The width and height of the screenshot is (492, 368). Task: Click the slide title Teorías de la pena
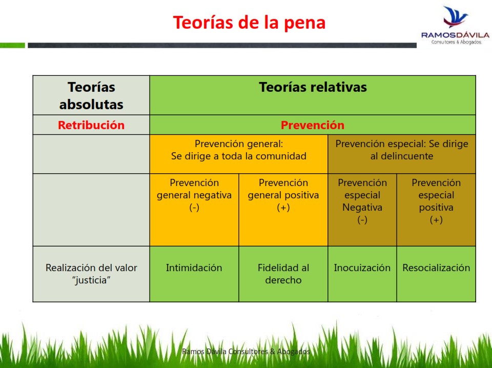[249, 23]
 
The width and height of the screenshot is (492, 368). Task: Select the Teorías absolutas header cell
[91, 95]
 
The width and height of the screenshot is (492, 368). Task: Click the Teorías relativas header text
[313, 87]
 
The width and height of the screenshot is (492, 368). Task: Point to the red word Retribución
[91, 125]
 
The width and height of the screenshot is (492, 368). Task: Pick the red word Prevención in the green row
[313, 125]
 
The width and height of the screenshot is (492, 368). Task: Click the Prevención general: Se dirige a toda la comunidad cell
[239, 154]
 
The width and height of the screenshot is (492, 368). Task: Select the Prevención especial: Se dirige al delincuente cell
[402, 154]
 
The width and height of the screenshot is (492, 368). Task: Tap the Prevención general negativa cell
[194, 210]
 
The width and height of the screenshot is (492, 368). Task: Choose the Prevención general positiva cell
[283, 210]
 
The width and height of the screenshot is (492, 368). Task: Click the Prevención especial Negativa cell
[362, 210]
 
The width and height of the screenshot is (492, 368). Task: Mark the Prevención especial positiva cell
[436, 210]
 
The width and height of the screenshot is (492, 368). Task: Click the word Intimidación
[194, 268]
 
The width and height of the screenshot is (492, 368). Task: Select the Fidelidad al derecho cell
[283, 274]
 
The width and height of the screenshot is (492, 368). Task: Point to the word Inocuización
[362, 268]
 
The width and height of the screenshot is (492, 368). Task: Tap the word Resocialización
[436, 268]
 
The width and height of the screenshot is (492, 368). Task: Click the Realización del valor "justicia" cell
[91, 274]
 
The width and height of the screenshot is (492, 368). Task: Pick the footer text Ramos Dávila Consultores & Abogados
[246, 352]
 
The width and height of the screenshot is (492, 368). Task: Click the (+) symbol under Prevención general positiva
[283, 208]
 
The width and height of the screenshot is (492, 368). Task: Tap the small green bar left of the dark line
[12, 46]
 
